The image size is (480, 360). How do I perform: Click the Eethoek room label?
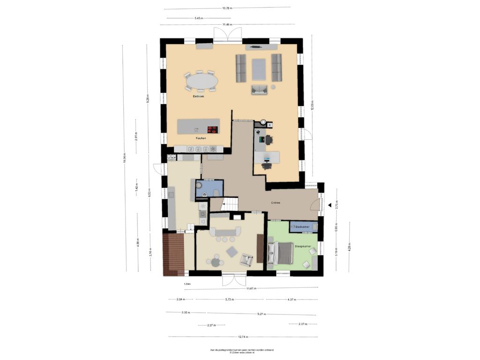[199, 97]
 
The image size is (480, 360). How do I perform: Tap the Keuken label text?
[201, 139]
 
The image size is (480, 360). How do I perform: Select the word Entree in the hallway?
[276, 202]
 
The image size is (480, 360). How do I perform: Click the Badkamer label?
[304, 227]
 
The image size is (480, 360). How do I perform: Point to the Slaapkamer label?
[303, 245]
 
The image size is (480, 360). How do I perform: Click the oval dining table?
[202, 81]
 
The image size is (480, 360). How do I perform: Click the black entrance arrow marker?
[330, 205]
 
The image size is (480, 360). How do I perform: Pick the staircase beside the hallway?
[230, 203]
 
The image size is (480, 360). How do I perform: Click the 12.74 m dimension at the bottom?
[243, 337]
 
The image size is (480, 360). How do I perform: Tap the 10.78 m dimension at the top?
[227, 8]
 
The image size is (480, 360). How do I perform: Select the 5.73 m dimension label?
[229, 299]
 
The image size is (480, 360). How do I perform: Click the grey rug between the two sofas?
[259, 69]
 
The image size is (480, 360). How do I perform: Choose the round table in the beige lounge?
[216, 262]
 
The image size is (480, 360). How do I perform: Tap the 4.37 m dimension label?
[292, 299]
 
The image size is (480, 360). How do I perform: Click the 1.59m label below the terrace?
[187, 284]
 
